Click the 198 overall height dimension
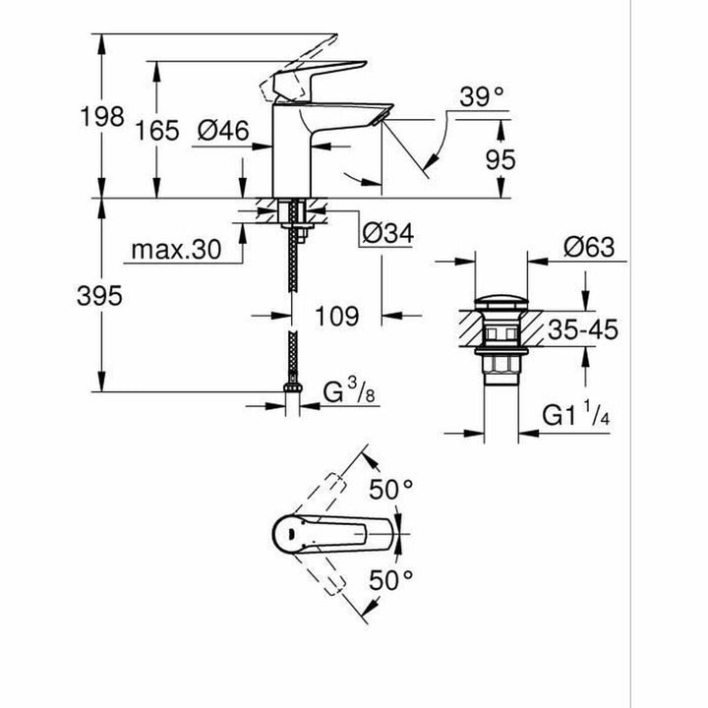pyautogui.click(x=102, y=116)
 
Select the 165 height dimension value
pyautogui.click(x=157, y=131)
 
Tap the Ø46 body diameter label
pyautogui.click(x=223, y=131)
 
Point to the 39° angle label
pyautogui.click(x=481, y=96)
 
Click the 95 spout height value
pyautogui.click(x=501, y=160)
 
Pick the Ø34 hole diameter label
pyautogui.click(x=388, y=234)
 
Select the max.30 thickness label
pyautogui.click(x=177, y=249)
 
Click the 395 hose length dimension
pyautogui.click(x=99, y=296)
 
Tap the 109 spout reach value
pyautogui.click(x=337, y=316)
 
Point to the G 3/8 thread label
pyautogui.click(x=349, y=391)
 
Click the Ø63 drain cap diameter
pyautogui.click(x=589, y=248)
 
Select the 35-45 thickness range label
pyautogui.click(x=583, y=329)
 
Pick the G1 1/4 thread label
pyautogui.click(x=575, y=414)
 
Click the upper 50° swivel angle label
pyautogui.click(x=391, y=490)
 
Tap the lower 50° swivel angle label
pyautogui.click(x=391, y=580)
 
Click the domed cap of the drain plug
pyautogui.click(x=501, y=303)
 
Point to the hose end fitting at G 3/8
pyautogui.click(x=293, y=387)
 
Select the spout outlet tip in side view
pyautogui.click(x=382, y=117)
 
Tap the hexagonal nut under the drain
pyautogui.click(x=501, y=364)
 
